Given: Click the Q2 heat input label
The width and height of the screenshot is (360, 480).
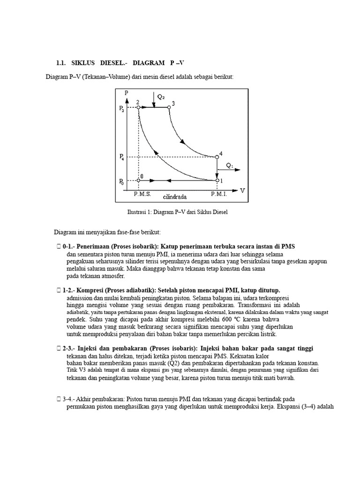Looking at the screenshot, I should [x=161, y=97].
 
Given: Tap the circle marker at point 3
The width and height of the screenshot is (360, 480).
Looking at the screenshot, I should [x=169, y=107].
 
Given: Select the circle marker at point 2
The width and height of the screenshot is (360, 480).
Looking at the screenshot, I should [x=138, y=107].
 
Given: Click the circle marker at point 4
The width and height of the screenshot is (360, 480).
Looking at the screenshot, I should [x=217, y=157].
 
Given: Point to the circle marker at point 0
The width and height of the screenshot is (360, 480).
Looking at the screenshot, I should [x=138, y=180].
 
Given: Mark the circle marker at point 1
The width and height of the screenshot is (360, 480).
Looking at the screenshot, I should [x=217, y=180].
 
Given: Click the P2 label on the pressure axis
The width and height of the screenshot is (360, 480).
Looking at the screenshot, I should [x=122, y=109].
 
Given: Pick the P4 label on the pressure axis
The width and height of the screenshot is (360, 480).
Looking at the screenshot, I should [x=122, y=158].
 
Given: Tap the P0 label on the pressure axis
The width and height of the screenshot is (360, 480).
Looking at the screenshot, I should [x=122, y=181].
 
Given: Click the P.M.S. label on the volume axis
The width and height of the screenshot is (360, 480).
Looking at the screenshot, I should [x=142, y=193].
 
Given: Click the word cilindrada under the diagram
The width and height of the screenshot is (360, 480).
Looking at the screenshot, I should [x=175, y=197].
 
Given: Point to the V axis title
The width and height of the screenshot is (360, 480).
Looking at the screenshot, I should [x=242, y=190].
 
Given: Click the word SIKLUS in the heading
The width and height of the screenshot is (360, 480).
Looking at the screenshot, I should [x=84, y=63].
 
